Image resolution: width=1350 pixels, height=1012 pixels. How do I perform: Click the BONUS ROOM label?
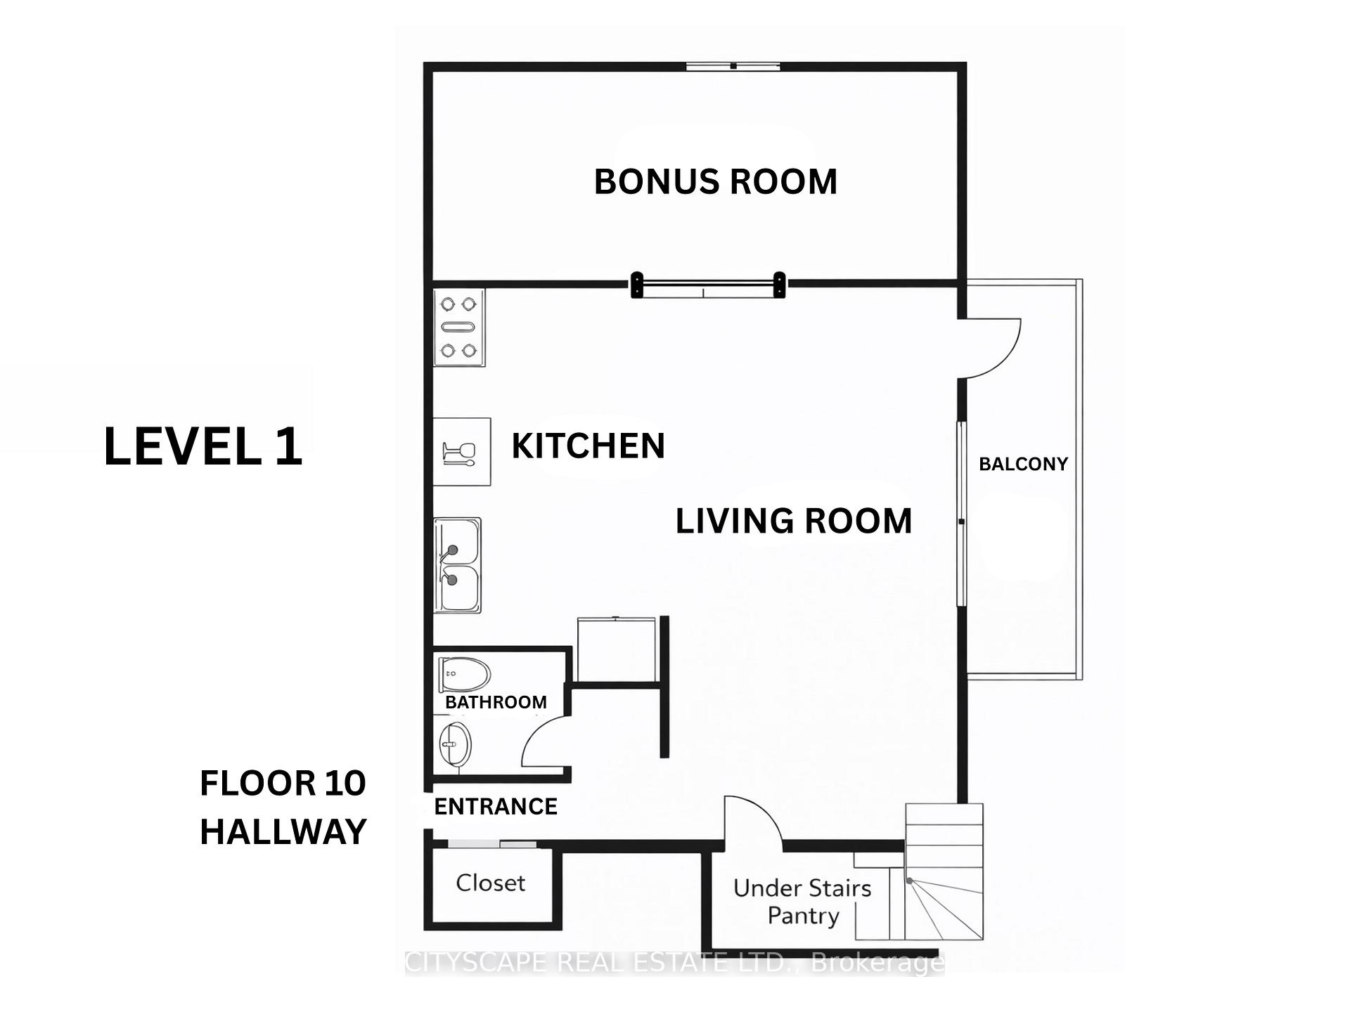click(x=715, y=182)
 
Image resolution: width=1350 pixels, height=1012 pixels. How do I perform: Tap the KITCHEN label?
click(x=588, y=446)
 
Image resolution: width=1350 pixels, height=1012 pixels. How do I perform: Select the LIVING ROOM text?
click(x=793, y=521)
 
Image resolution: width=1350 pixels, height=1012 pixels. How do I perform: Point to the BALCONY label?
click(x=1023, y=464)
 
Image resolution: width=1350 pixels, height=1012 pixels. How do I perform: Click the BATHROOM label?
click(x=496, y=702)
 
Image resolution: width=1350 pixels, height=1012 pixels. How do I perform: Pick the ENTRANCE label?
click(x=496, y=806)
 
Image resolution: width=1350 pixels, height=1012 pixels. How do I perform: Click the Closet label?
click(x=490, y=883)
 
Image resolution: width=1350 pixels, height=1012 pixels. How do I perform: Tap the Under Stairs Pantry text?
click(x=802, y=902)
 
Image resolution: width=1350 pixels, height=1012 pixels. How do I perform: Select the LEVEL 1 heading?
click(x=203, y=446)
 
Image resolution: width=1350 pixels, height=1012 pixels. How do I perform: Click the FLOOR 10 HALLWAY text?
click(x=283, y=807)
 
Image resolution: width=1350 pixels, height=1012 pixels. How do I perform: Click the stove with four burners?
click(x=458, y=327)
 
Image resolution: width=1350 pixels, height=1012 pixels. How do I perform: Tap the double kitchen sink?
click(x=457, y=565)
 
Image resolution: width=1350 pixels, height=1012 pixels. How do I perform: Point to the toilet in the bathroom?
click(x=464, y=674)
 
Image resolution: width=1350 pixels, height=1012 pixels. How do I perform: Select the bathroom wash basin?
click(x=455, y=744)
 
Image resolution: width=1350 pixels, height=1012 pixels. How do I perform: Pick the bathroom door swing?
click(x=546, y=742)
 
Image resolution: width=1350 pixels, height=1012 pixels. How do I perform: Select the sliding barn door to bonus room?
click(x=708, y=285)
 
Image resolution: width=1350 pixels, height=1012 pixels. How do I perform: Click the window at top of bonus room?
click(x=733, y=66)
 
